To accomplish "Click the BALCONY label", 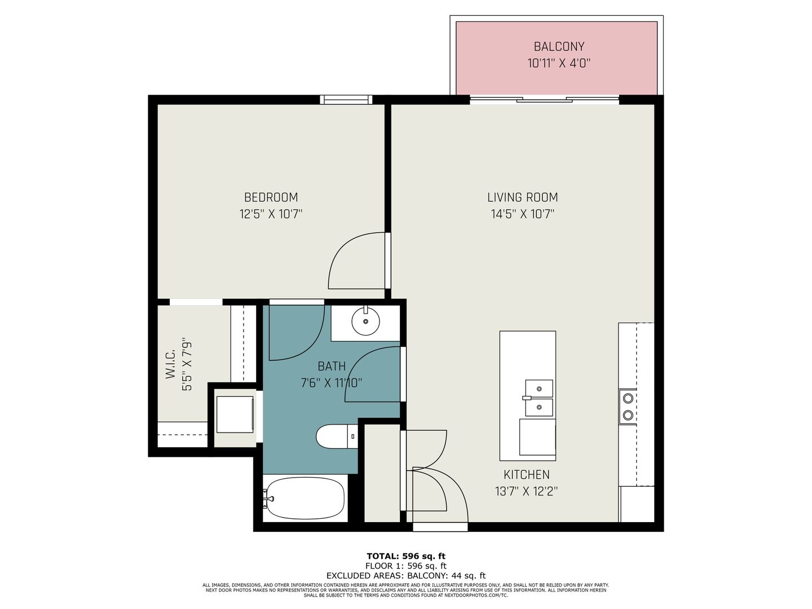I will pos(559,47).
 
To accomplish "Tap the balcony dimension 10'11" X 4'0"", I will pos(559,63).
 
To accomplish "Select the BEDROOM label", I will pos(271,197).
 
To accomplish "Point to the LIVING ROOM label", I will pos(522,197).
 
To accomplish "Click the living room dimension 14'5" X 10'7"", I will pos(522,214).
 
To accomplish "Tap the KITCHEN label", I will pos(526,475).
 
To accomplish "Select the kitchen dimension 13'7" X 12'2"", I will pos(526,491).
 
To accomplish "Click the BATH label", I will pos(332,367).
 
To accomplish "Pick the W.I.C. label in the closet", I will pos(171,364).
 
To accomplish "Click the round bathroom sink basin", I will pos(365,321).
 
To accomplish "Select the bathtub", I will pos(304,498).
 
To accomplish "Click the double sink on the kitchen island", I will pos(539,398).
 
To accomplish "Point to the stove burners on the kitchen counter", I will pos(628,407).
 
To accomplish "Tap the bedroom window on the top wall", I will pos(346,100).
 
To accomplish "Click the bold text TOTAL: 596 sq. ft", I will pos(406,556).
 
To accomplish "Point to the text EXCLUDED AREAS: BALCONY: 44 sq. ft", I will pos(406,576).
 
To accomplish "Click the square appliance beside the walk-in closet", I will pos(235,414).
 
